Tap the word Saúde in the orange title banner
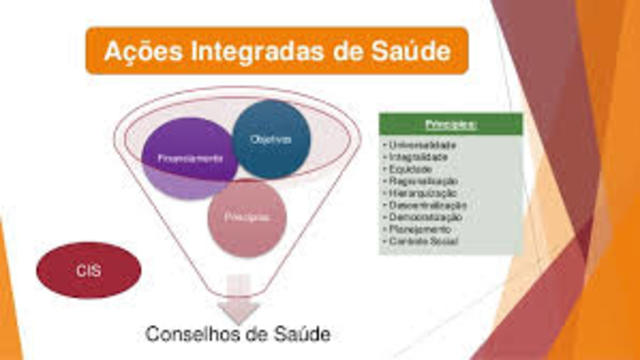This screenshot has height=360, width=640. coord(412,48)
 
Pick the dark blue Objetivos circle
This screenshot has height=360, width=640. coord(271,139)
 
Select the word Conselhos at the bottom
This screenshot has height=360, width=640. coord(191,332)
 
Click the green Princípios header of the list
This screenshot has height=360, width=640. coord(450,124)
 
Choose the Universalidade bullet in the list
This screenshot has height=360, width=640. coord(420,146)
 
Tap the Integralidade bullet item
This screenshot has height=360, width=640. coord(418,157)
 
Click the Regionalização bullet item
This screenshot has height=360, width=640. coord(421,181)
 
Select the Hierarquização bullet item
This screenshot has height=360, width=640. coord(421,193)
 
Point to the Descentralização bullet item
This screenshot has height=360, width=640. coord(425,205)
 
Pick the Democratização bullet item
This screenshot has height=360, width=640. coord(424,217)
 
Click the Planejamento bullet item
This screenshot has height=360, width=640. coord(417,229)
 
